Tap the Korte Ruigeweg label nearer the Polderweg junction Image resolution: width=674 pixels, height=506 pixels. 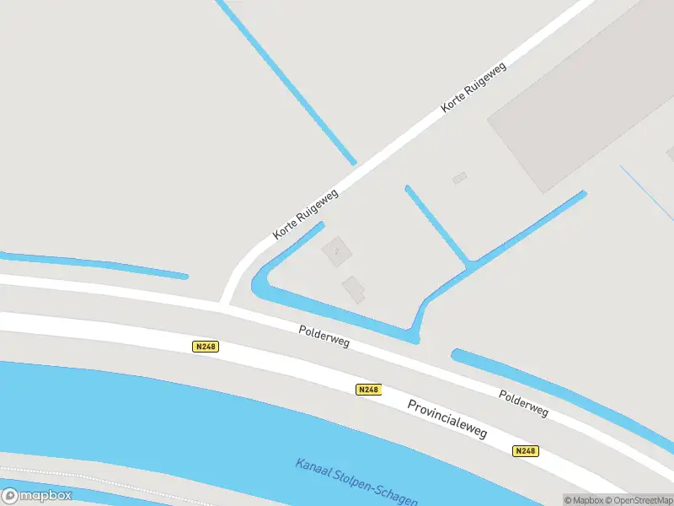click(x=306, y=214)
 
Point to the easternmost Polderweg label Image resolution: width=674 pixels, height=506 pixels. click(x=523, y=403)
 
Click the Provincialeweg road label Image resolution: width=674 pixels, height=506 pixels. click(x=447, y=418)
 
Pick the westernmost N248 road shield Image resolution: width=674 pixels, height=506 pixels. click(x=206, y=347)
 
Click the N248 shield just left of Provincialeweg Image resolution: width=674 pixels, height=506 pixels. click(x=368, y=390)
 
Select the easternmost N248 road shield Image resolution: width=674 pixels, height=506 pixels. click(x=525, y=451)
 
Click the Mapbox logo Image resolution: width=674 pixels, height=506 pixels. click(x=37, y=496)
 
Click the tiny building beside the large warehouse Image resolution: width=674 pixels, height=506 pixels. click(x=459, y=177)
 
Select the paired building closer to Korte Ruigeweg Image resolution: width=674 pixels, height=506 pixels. click(x=337, y=250)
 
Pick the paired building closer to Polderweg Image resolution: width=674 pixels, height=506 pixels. click(x=354, y=288)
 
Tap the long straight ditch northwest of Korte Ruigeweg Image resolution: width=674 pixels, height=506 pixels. click(x=286, y=80)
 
